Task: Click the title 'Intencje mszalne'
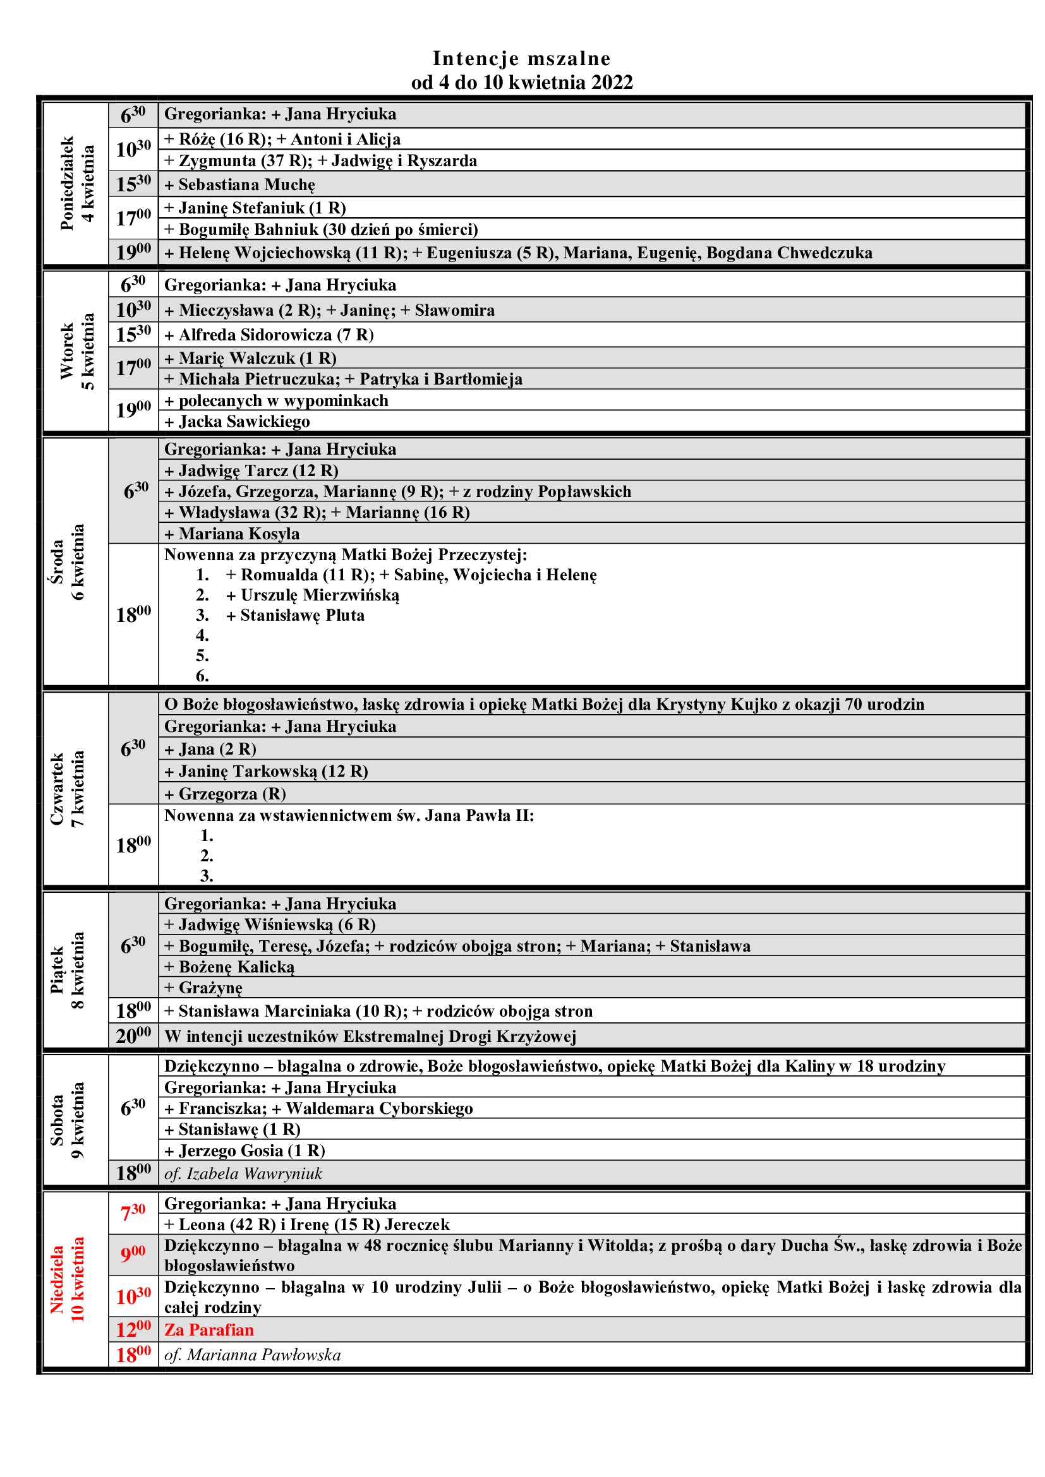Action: coord(521,59)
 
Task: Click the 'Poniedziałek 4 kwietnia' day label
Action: coord(76,183)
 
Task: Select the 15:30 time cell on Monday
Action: coord(133,184)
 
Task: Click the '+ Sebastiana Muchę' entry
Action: coord(240,184)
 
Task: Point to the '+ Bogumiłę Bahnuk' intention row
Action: coord(321,229)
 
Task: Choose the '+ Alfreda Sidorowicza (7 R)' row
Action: coord(269,335)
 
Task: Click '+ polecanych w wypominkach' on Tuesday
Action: coord(276,400)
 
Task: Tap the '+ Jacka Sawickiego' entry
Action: coord(237,421)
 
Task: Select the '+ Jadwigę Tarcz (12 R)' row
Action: coord(251,470)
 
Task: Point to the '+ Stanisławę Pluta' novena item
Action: coord(295,615)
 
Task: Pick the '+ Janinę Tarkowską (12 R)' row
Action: coord(266,770)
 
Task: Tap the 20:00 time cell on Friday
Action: coord(133,1036)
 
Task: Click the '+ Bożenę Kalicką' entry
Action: coord(229,967)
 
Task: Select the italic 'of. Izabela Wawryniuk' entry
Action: coord(243,1173)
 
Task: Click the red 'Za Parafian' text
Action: coord(209,1330)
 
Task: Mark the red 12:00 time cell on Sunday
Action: coord(133,1330)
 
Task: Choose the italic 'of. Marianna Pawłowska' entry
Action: coord(252,1354)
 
